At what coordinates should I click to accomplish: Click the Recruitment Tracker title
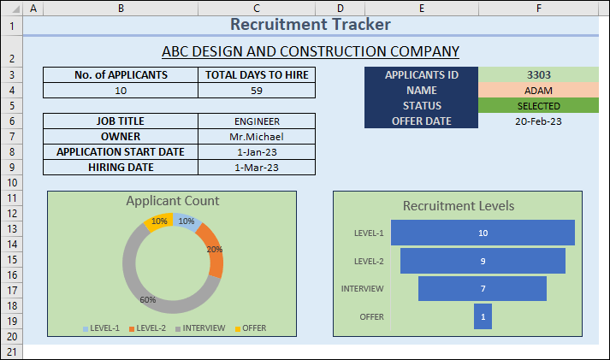pyautogui.click(x=311, y=25)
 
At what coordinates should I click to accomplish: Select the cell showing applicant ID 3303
pyautogui.click(x=539, y=75)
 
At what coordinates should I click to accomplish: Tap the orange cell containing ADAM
pyautogui.click(x=539, y=91)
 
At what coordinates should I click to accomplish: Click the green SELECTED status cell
pyautogui.click(x=539, y=106)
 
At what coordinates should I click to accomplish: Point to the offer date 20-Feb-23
pyautogui.click(x=539, y=121)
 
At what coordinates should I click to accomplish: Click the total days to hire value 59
pyautogui.click(x=256, y=91)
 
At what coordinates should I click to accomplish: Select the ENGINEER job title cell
pyautogui.click(x=256, y=121)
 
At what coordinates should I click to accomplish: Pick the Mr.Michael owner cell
pyautogui.click(x=256, y=137)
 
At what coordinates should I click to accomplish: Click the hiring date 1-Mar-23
pyautogui.click(x=256, y=168)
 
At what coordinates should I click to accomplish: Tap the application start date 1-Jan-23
pyautogui.click(x=256, y=152)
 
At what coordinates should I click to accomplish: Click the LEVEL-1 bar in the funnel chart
pyautogui.click(x=483, y=233)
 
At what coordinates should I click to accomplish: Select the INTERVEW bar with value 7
pyautogui.click(x=483, y=289)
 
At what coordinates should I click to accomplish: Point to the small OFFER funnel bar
pyautogui.click(x=483, y=316)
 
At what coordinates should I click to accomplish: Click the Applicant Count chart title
pyautogui.click(x=172, y=201)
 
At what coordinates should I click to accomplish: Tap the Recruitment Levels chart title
pyautogui.click(x=459, y=206)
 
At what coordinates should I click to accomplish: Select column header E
pyautogui.click(x=422, y=8)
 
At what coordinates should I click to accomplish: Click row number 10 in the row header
pyautogui.click(x=11, y=183)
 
